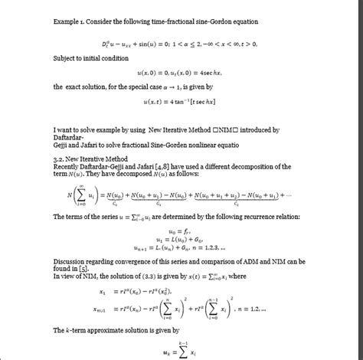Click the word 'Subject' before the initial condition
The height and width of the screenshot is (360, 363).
click(x=65, y=58)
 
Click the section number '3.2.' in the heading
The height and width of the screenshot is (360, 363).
click(x=60, y=158)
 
